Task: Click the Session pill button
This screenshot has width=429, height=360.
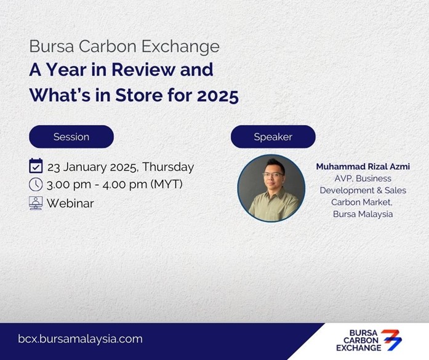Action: tap(71, 137)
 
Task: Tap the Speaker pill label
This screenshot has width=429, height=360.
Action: tap(273, 137)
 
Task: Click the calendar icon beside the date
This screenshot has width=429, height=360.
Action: tap(36, 166)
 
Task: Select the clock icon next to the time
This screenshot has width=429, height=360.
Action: tap(36, 185)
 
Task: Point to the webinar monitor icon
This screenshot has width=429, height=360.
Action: tap(36, 203)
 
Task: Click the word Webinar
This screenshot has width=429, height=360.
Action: tap(70, 203)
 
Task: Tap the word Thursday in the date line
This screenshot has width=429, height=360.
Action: tap(168, 167)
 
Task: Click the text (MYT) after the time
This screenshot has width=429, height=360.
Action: tap(166, 184)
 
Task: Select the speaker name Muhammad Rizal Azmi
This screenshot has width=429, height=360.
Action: tap(363, 167)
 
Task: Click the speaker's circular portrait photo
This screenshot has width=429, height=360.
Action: tap(271, 188)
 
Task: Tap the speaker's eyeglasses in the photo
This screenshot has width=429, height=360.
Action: tap(273, 174)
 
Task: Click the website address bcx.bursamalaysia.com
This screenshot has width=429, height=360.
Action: tap(80, 339)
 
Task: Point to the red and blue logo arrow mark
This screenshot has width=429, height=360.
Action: tap(392, 340)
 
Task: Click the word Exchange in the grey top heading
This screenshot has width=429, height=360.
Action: tap(180, 47)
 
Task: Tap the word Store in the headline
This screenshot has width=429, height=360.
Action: tap(139, 95)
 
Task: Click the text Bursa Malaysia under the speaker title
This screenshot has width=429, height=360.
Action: tap(363, 214)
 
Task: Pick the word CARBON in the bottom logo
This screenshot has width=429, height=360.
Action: tap(361, 340)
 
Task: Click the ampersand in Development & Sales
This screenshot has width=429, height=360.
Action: tap(379, 190)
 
